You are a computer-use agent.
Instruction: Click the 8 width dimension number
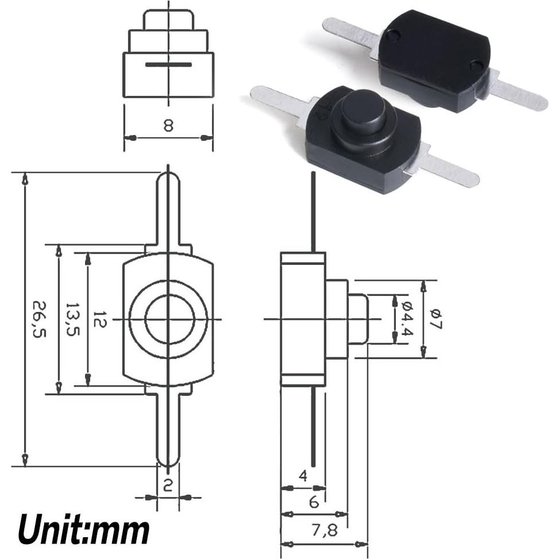pos(168,126)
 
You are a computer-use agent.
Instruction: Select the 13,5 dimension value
pos(72,320)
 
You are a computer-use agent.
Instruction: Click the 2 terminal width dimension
pos(168,486)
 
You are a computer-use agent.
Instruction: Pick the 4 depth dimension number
pos(303,476)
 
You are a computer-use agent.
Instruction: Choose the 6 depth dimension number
pos(314,502)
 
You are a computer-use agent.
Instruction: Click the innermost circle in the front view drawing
pos(168,319)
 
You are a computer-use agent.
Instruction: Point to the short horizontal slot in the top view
pos(168,64)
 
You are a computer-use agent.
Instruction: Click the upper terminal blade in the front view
pos(168,207)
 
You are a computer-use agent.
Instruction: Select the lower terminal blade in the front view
pos(168,431)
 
